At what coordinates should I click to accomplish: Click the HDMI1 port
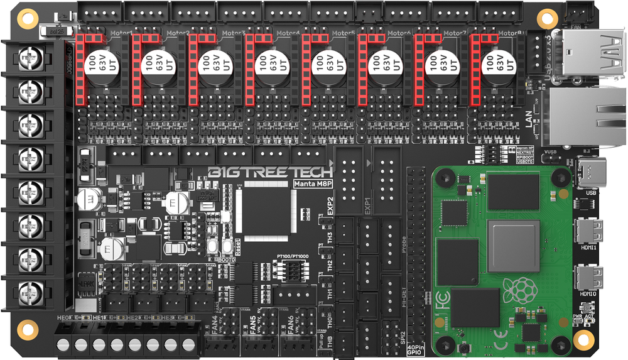pos(588,229)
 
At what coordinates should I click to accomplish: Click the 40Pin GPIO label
pos(417,349)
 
